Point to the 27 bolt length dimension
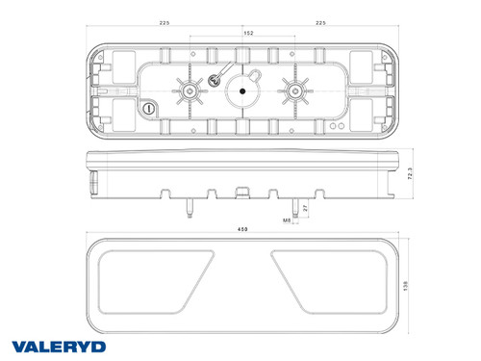tap(305, 207)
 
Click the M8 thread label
tap(287, 220)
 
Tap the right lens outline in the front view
tap(332, 279)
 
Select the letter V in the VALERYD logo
tap(19, 345)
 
